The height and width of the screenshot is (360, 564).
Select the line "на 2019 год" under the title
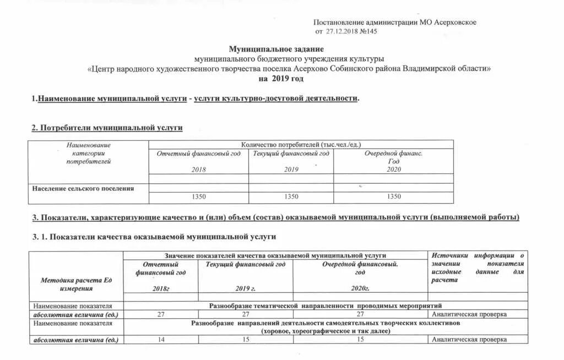point(281,79)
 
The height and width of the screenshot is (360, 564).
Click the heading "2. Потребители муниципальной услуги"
point(107,128)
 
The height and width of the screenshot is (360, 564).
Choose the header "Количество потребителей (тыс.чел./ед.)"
point(301,144)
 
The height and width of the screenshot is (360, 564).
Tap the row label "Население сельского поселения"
point(83,189)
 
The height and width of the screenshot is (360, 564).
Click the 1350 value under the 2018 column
point(198,197)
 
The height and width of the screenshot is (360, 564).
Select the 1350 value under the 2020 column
point(393,197)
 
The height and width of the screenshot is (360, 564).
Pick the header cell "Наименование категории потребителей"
point(89,153)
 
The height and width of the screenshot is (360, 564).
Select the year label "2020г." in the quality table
point(360,288)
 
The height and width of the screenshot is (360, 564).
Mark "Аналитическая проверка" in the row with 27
point(469,314)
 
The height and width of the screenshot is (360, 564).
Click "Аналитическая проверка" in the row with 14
point(469,340)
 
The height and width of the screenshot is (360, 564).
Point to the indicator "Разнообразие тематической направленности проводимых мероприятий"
point(325,305)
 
